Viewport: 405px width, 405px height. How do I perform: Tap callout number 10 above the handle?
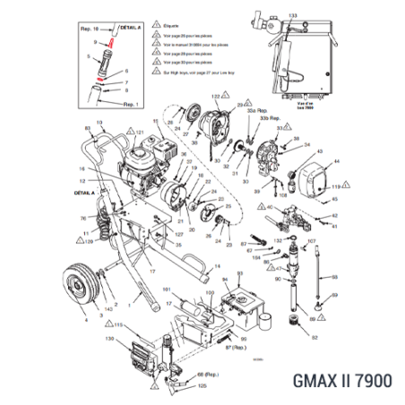click(99, 120)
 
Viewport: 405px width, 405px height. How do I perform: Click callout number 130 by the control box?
click(110, 339)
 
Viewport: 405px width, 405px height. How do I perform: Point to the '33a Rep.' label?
click(263, 109)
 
